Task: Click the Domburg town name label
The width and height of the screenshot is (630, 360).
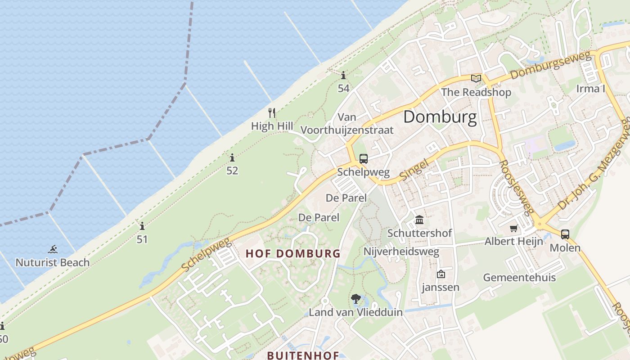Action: tap(440, 117)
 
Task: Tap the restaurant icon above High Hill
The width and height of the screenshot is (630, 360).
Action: tap(272, 112)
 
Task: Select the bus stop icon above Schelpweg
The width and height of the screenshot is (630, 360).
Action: tap(363, 159)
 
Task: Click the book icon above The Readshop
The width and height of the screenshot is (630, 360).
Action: tap(476, 79)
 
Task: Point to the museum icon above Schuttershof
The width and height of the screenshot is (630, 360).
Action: tap(419, 220)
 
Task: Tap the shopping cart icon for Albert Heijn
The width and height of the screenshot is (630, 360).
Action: tap(513, 228)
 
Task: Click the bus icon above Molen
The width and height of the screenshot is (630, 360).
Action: tap(565, 234)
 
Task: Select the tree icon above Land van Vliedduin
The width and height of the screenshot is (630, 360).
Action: tap(355, 298)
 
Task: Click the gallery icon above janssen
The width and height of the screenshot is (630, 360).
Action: tap(441, 274)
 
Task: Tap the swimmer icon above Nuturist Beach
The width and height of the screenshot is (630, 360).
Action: tap(53, 249)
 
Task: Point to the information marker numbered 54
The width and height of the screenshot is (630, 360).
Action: tap(343, 75)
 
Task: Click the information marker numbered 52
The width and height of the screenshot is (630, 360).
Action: tap(232, 157)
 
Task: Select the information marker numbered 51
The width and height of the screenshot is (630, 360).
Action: tap(142, 226)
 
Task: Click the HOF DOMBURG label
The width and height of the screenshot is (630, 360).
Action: tap(293, 253)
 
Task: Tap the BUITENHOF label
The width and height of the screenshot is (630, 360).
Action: tap(303, 355)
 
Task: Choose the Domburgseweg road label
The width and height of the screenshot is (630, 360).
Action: tap(550, 66)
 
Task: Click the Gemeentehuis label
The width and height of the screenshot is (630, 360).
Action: tap(519, 278)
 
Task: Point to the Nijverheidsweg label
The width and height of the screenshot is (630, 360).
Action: tap(401, 252)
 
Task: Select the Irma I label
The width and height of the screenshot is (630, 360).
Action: tap(590, 89)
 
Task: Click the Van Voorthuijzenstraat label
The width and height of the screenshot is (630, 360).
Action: tap(346, 124)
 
